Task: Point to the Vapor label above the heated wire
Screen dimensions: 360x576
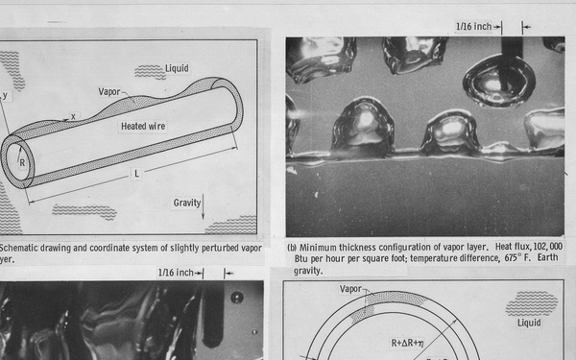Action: (x=109, y=91)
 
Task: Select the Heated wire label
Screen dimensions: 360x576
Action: (x=145, y=126)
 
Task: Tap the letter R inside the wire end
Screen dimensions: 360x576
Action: (x=22, y=162)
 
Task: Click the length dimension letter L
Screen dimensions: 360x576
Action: (x=136, y=172)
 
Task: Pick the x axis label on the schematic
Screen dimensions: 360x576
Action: (x=74, y=116)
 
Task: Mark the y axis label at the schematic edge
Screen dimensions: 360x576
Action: (x=4, y=95)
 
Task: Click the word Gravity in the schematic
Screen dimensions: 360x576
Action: (x=186, y=203)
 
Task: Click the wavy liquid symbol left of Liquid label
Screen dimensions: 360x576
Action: (x=149, y=71)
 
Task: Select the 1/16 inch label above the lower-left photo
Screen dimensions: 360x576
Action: (x=178, y=273)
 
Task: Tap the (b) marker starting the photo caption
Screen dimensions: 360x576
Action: (x=293, y=246)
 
